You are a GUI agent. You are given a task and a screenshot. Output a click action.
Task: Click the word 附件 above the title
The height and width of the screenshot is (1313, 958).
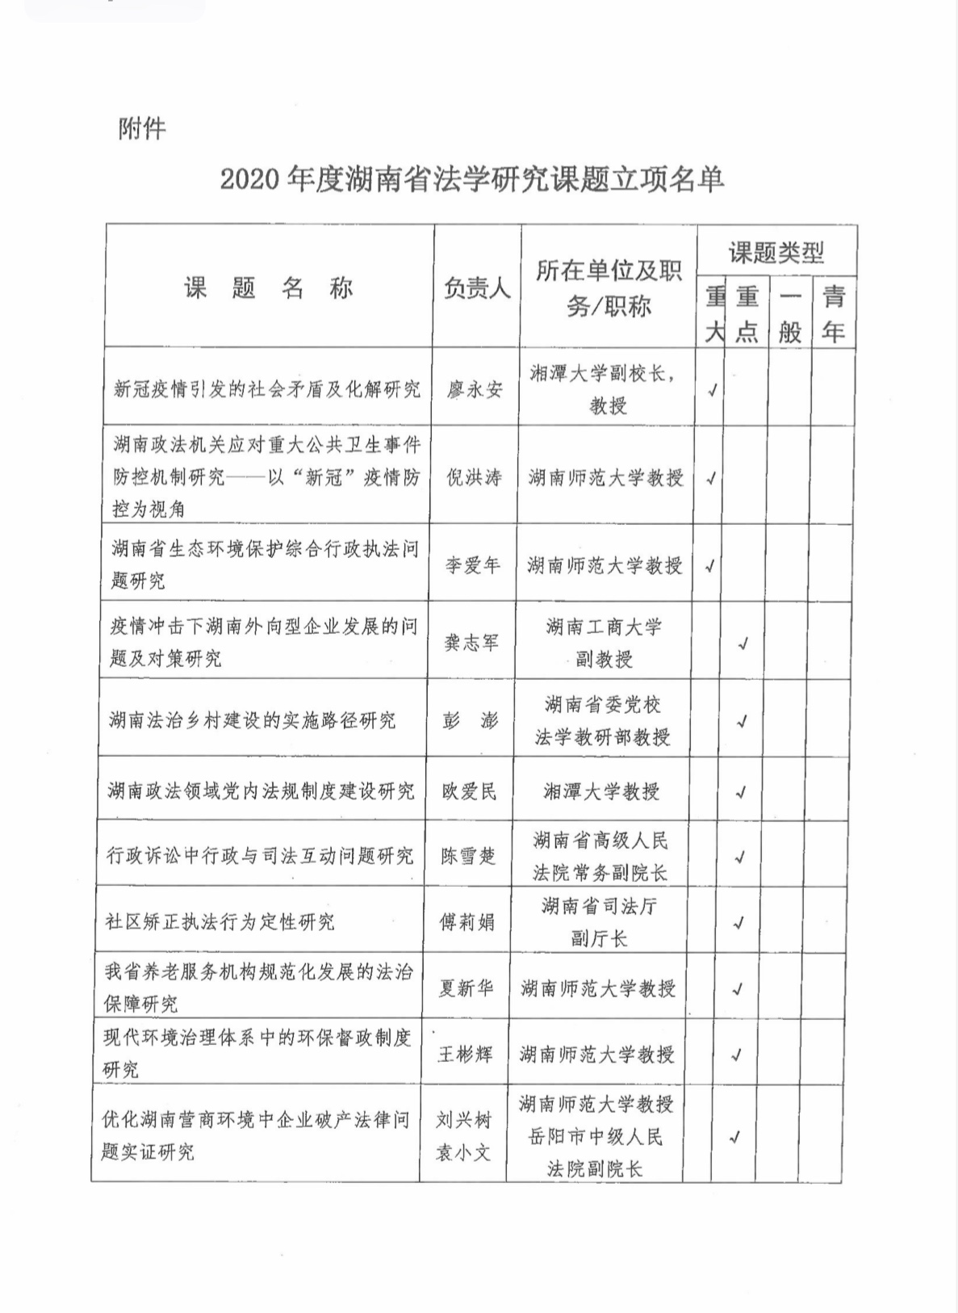[x=142, y=128]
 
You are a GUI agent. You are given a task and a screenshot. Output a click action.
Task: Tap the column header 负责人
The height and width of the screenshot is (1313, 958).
[x=477, y=288]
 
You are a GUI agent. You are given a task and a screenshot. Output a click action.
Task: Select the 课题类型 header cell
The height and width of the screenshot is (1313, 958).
[x=776, y=253]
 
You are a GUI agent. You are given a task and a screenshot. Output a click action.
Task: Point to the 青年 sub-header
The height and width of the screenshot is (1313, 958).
[x=834, y=314]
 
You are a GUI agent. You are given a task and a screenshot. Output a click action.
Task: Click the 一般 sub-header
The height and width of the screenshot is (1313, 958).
[x=790, y=314]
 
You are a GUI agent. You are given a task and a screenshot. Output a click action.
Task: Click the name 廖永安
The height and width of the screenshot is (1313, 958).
[x=475, y=390]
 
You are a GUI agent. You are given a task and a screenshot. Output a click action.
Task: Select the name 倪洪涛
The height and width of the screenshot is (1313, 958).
[x=475, y=478]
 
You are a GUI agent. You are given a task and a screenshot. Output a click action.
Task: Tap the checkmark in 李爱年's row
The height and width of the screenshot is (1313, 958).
[x=710, y=566]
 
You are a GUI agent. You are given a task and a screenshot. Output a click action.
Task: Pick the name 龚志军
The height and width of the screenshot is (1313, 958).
[x=472, y=643]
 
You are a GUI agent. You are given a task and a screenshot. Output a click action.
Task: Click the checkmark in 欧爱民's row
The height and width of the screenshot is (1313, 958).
[x=741, y=792]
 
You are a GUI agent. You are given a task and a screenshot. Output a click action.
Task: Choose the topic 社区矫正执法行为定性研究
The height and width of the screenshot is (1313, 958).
[x=220, y=921]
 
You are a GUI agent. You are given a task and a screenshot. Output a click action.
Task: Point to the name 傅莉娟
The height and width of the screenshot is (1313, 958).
[x=466, y=922]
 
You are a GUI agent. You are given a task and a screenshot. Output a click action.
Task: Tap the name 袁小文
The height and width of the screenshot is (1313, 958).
[x=464, y=1152]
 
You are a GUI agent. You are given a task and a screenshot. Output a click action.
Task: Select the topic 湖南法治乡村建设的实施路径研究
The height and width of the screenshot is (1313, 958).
[x=253, y=720]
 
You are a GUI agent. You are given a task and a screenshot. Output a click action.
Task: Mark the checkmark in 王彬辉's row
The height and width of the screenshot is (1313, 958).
[x=736, y=1055]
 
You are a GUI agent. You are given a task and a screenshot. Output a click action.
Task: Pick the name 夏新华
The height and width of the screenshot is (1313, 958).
[x=466, y=988]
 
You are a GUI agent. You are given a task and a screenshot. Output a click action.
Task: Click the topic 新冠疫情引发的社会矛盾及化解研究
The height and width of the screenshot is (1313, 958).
[x=267, y=389]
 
